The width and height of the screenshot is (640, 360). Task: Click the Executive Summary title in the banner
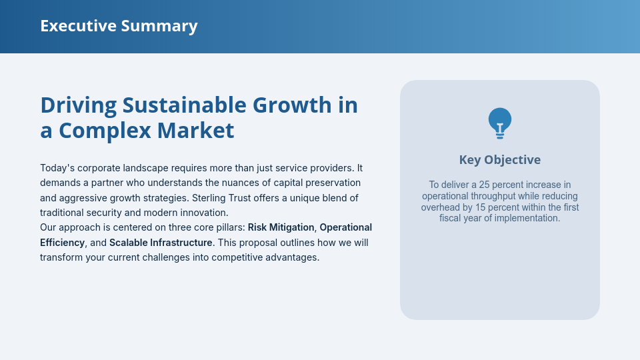[x=119, y=26]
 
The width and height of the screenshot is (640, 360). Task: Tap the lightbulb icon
[x=500, y=123]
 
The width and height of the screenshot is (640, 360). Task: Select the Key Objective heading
[x=500, y=160]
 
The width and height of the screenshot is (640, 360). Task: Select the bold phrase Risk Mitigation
[x=281, y=227]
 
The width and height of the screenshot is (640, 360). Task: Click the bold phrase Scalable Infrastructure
[x=161, y=243]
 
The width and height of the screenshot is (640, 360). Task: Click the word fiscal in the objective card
[x=451, y=218]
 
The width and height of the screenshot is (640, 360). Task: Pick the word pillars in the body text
[x=228, y=227]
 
